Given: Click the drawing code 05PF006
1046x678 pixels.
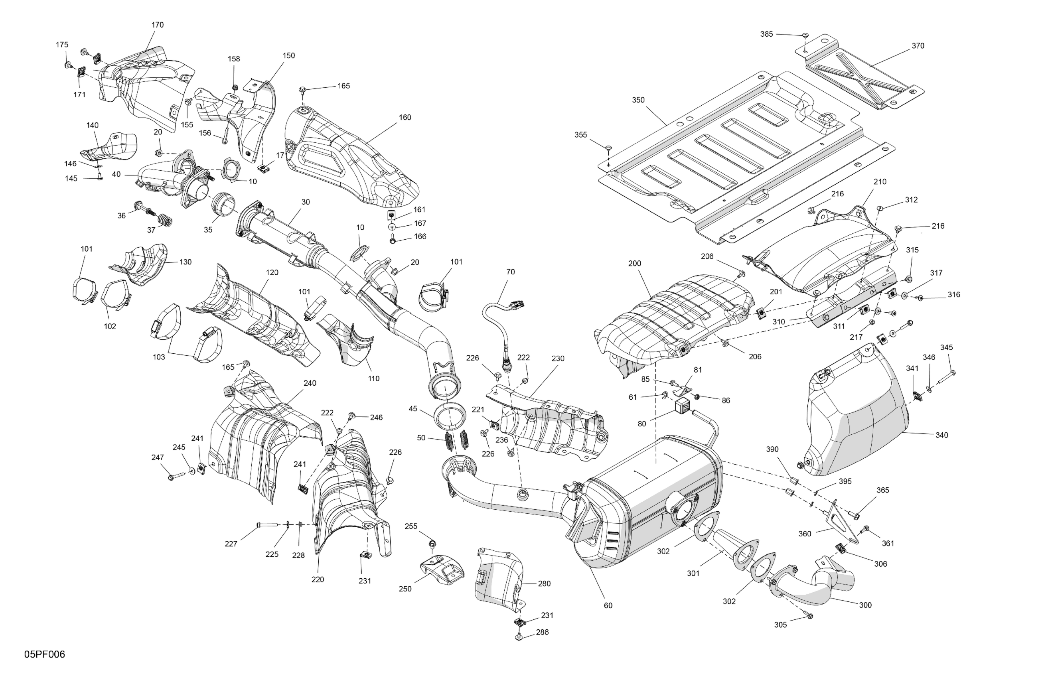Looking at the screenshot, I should [x=45, y=654].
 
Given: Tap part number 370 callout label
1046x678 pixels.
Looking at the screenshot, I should [x=918, y=46].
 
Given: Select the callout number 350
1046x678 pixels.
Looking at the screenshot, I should [x=638, y=100].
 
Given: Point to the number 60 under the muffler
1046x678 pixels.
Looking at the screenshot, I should [x=608, y=605].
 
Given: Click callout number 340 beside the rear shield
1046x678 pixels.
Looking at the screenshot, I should [x=941, y=435].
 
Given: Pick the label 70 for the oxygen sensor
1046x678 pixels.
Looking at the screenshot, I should [x=510, y=272].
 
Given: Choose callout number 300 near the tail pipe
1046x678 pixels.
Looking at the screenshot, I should [x=865, y=605].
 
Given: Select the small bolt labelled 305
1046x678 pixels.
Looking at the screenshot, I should [x=810, y=616].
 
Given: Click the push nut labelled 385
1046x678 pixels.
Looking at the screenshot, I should [x=805, y=35].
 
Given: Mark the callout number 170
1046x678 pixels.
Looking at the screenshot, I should [x=157, y=25].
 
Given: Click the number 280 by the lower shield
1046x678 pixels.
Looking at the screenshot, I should [x=544, y=583].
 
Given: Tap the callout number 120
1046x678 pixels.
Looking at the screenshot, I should [x=272, y=272].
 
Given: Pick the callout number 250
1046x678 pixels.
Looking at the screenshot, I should [x=405, y=589].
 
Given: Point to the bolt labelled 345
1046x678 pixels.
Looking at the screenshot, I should [x=951, y=373].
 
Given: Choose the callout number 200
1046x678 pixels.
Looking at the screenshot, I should [x=635, y=264].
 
